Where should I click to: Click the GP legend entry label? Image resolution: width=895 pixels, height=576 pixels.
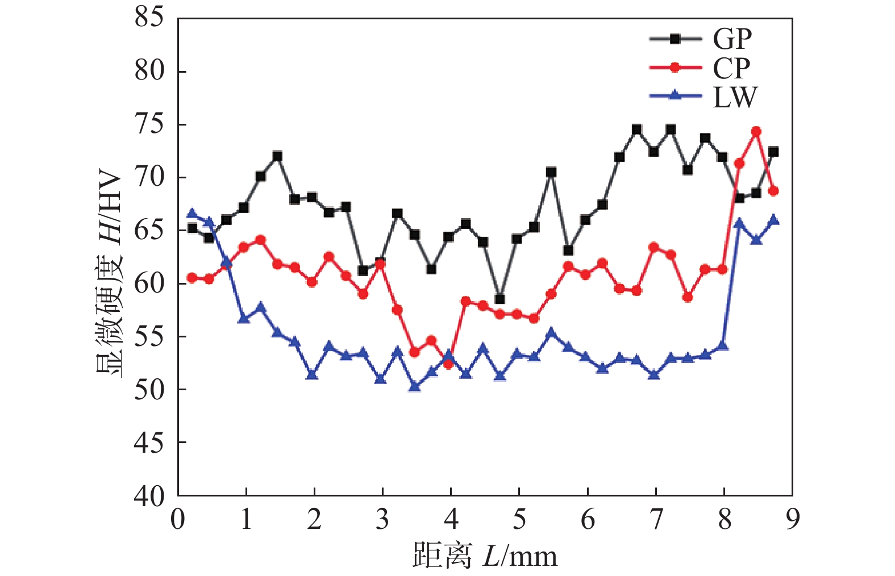(x=732, y=39)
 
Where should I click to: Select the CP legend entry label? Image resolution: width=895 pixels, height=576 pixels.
(x=731, y=68)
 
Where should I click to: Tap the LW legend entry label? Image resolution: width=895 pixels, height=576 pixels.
(x=735, y=97)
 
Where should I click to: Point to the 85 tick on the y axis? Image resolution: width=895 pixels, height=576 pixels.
(x=149, y=17)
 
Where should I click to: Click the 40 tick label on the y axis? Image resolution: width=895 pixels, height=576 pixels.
(x=149, y=496)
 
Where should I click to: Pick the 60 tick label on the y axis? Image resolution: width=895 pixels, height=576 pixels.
(x=149, y=283)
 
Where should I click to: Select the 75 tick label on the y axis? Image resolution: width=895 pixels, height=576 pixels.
(x=149, y=124)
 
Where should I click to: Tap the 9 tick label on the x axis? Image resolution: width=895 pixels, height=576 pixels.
(x=792, y=519)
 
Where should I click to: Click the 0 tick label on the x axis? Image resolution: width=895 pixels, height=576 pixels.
(x=178, y=519)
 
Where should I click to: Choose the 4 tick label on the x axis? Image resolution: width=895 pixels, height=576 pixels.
(x=451, y=519)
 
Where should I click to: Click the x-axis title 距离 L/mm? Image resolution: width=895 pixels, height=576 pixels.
(x=485, y=556)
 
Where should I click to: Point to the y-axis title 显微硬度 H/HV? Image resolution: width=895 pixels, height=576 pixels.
(x=108, y=274)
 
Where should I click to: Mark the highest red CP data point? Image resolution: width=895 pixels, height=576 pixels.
(x=756, y=132)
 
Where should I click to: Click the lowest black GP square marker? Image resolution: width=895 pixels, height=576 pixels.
(x=499, y=299)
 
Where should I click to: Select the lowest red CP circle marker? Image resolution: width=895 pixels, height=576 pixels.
(x=448, y=364)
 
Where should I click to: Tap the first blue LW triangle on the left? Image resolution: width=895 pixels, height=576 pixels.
(x=192, y=214)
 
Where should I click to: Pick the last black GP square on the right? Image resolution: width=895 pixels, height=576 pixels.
(x=773, y=152)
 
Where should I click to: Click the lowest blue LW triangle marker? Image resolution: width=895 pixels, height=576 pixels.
(x=414, y=386)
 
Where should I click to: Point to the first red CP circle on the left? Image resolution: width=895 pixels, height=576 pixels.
(x=192, y=278)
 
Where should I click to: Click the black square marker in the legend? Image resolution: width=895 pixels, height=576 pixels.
(x=675, y=39)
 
